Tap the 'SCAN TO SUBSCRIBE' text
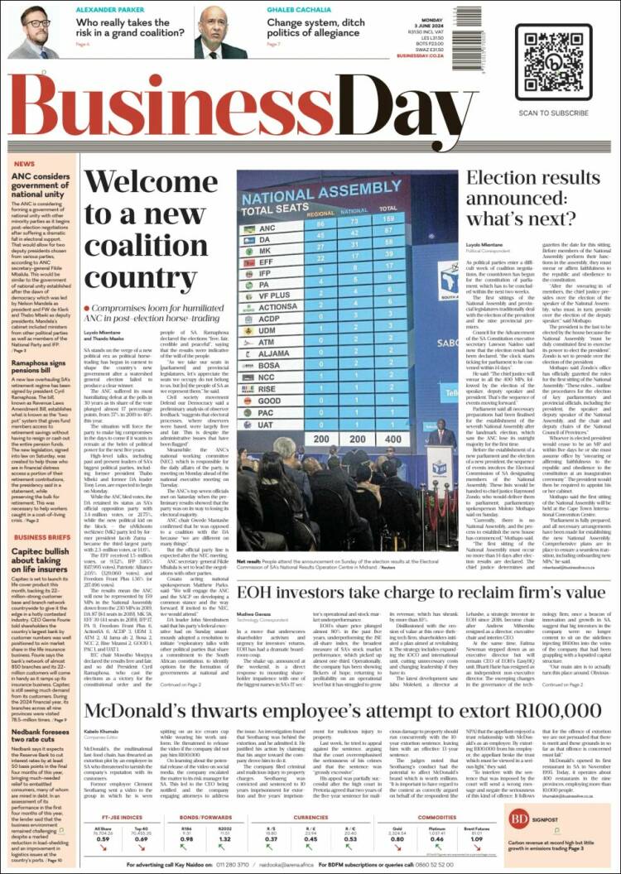552,112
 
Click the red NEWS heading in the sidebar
24,164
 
